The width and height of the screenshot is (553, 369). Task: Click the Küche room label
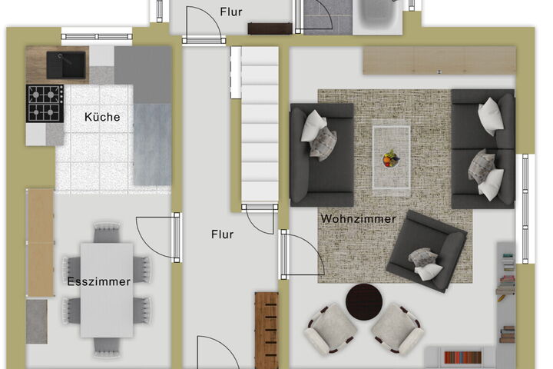point(102,117)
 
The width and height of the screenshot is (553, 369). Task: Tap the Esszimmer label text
point(99,282)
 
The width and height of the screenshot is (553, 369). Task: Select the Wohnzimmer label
point(359,219)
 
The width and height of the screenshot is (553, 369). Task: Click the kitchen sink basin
point(66,65)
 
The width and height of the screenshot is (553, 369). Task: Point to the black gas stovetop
point(45,104)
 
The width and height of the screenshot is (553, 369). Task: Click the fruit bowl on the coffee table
point(391,158)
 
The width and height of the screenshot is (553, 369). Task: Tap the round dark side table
point(364,302)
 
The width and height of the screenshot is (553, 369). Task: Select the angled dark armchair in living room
point(427,251)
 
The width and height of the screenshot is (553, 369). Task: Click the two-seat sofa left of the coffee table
point(322,155)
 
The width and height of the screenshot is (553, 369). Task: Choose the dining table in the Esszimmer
point(107,290)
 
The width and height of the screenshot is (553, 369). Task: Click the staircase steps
point(260,125)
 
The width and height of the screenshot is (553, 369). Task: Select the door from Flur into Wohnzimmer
point(302,252)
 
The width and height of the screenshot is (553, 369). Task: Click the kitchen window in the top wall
point(97,36)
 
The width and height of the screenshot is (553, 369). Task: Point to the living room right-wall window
point(525,208)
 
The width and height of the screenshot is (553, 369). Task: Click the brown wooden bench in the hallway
point(267,331)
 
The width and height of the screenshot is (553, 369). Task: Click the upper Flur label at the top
point(231,12)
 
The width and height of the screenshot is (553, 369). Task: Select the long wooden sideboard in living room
point(439,61)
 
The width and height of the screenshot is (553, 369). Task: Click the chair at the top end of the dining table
point(107,232)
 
